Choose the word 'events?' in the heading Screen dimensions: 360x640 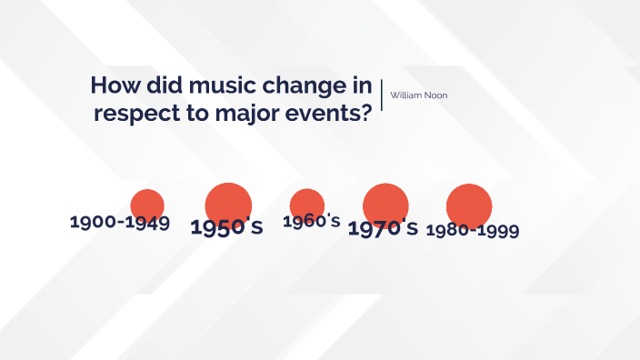[x=334, y=115]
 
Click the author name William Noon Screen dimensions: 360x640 [x=418, y=95]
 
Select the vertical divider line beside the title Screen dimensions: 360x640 [x=382, y=95]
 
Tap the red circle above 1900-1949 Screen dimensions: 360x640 [x=147, y=205]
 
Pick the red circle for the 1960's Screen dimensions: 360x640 [x=307, y=205]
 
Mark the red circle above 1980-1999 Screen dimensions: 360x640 [x=469, y=205]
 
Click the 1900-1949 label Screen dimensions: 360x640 [x=120, y=222]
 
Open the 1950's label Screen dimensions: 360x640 [x=226, y=227]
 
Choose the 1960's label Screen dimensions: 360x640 [x=311, y=221]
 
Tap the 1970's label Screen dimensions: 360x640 [x=383, y=227]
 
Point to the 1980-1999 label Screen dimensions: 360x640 [x=472, y=230]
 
